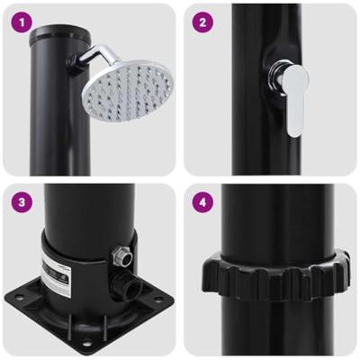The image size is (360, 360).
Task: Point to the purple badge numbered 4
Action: (x=203, y=202)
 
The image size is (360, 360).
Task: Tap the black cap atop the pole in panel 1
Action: (x=49, y=37)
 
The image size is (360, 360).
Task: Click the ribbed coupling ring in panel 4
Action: (x=270, y=271)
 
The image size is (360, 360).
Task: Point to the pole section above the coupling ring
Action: (x=270, y=216)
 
